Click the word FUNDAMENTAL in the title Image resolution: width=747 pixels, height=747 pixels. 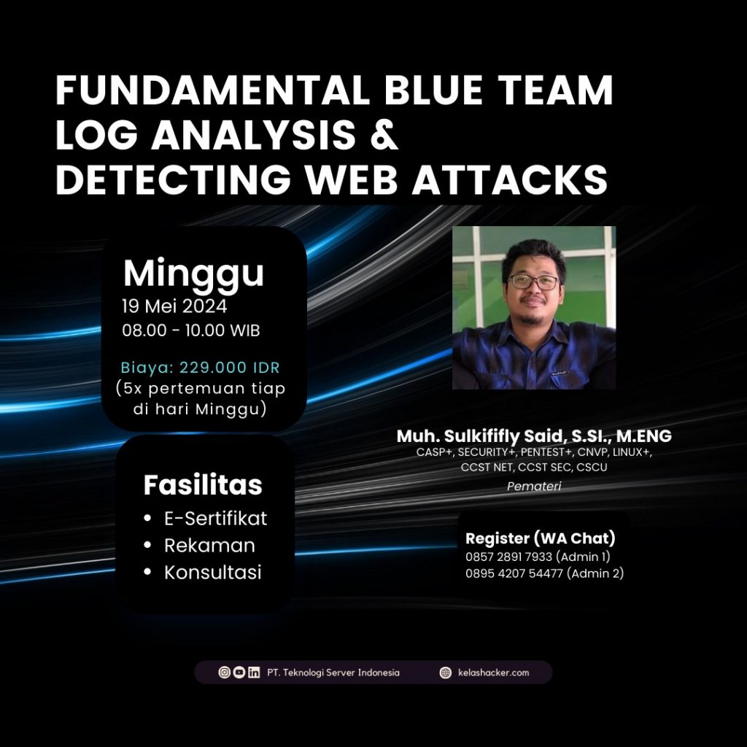click(x=212, y=90)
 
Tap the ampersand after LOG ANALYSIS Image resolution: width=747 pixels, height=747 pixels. click(x=384, y=135)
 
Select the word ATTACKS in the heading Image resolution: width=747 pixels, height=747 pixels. click(x=510, y=179)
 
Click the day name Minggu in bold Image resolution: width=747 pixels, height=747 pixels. click(x=193, y=274)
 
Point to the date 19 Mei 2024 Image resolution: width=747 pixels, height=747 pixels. click(x=174, y=306)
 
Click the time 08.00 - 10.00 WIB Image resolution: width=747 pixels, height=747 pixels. click(x=191, y=330)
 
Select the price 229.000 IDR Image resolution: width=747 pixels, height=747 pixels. click(x=230, y=368)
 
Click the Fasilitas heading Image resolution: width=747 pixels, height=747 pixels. click(x=203, y=485)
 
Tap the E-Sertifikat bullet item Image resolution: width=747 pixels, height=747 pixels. click(x=215, y=519)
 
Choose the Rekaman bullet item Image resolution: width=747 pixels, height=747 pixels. click(x=209, y=546)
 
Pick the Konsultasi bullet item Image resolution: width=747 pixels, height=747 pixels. click(x=213, y=572)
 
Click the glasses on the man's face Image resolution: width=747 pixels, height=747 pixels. click(x=533, y=282)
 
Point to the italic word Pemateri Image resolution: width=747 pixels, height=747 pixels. click(x=534, y=487)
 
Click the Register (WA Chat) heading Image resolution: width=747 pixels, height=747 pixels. click(x=541, y=538)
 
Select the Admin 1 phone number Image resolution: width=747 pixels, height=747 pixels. click(x=508, y=557)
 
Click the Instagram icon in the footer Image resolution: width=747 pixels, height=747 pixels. click(x=225, y=672)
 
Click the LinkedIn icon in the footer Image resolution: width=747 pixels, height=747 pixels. click(x=254, y=672)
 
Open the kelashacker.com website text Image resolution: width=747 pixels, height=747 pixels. click(x=494, y=673)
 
